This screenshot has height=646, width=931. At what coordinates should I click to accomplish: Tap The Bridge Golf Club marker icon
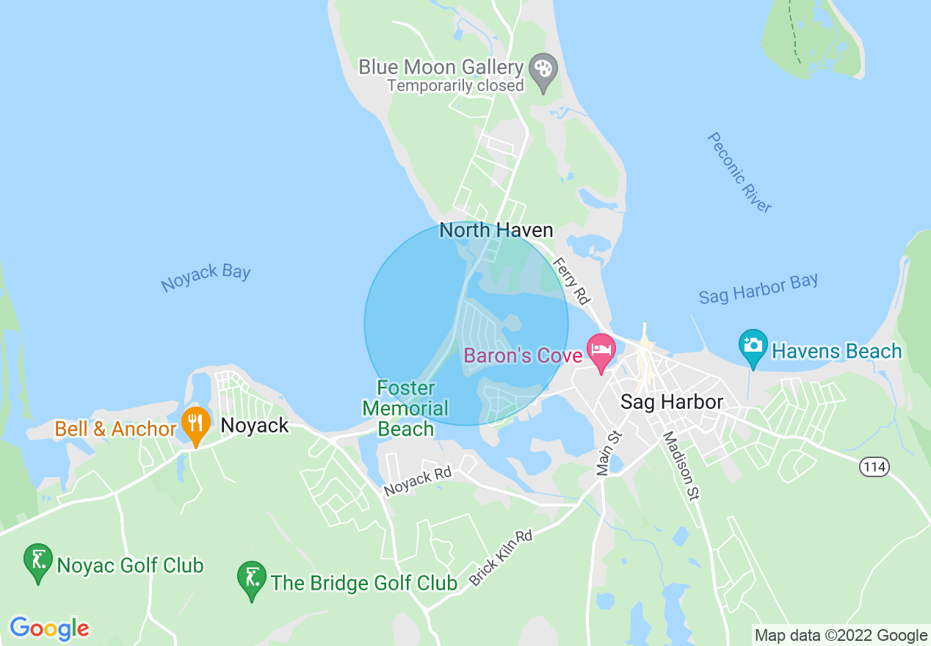coord(252,578)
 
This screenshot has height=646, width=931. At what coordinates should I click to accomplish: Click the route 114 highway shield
coord(874,466)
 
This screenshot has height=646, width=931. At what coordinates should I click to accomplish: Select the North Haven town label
coord(496,231)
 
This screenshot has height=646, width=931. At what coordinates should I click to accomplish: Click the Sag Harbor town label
coord(671,402)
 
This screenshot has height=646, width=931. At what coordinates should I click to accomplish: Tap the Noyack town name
coord(255,426)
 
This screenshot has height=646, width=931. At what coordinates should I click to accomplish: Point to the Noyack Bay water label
coord(206,277)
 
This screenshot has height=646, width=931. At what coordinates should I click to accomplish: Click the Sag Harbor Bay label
coord(758,288)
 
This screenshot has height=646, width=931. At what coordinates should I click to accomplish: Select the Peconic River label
coord(739,173)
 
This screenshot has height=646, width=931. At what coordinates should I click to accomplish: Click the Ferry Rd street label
coord(572,280)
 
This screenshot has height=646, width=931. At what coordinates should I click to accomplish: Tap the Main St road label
coord(610,452)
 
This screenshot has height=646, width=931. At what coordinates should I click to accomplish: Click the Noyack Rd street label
coord(418,482)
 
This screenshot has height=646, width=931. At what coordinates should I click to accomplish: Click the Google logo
coord(49,628)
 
